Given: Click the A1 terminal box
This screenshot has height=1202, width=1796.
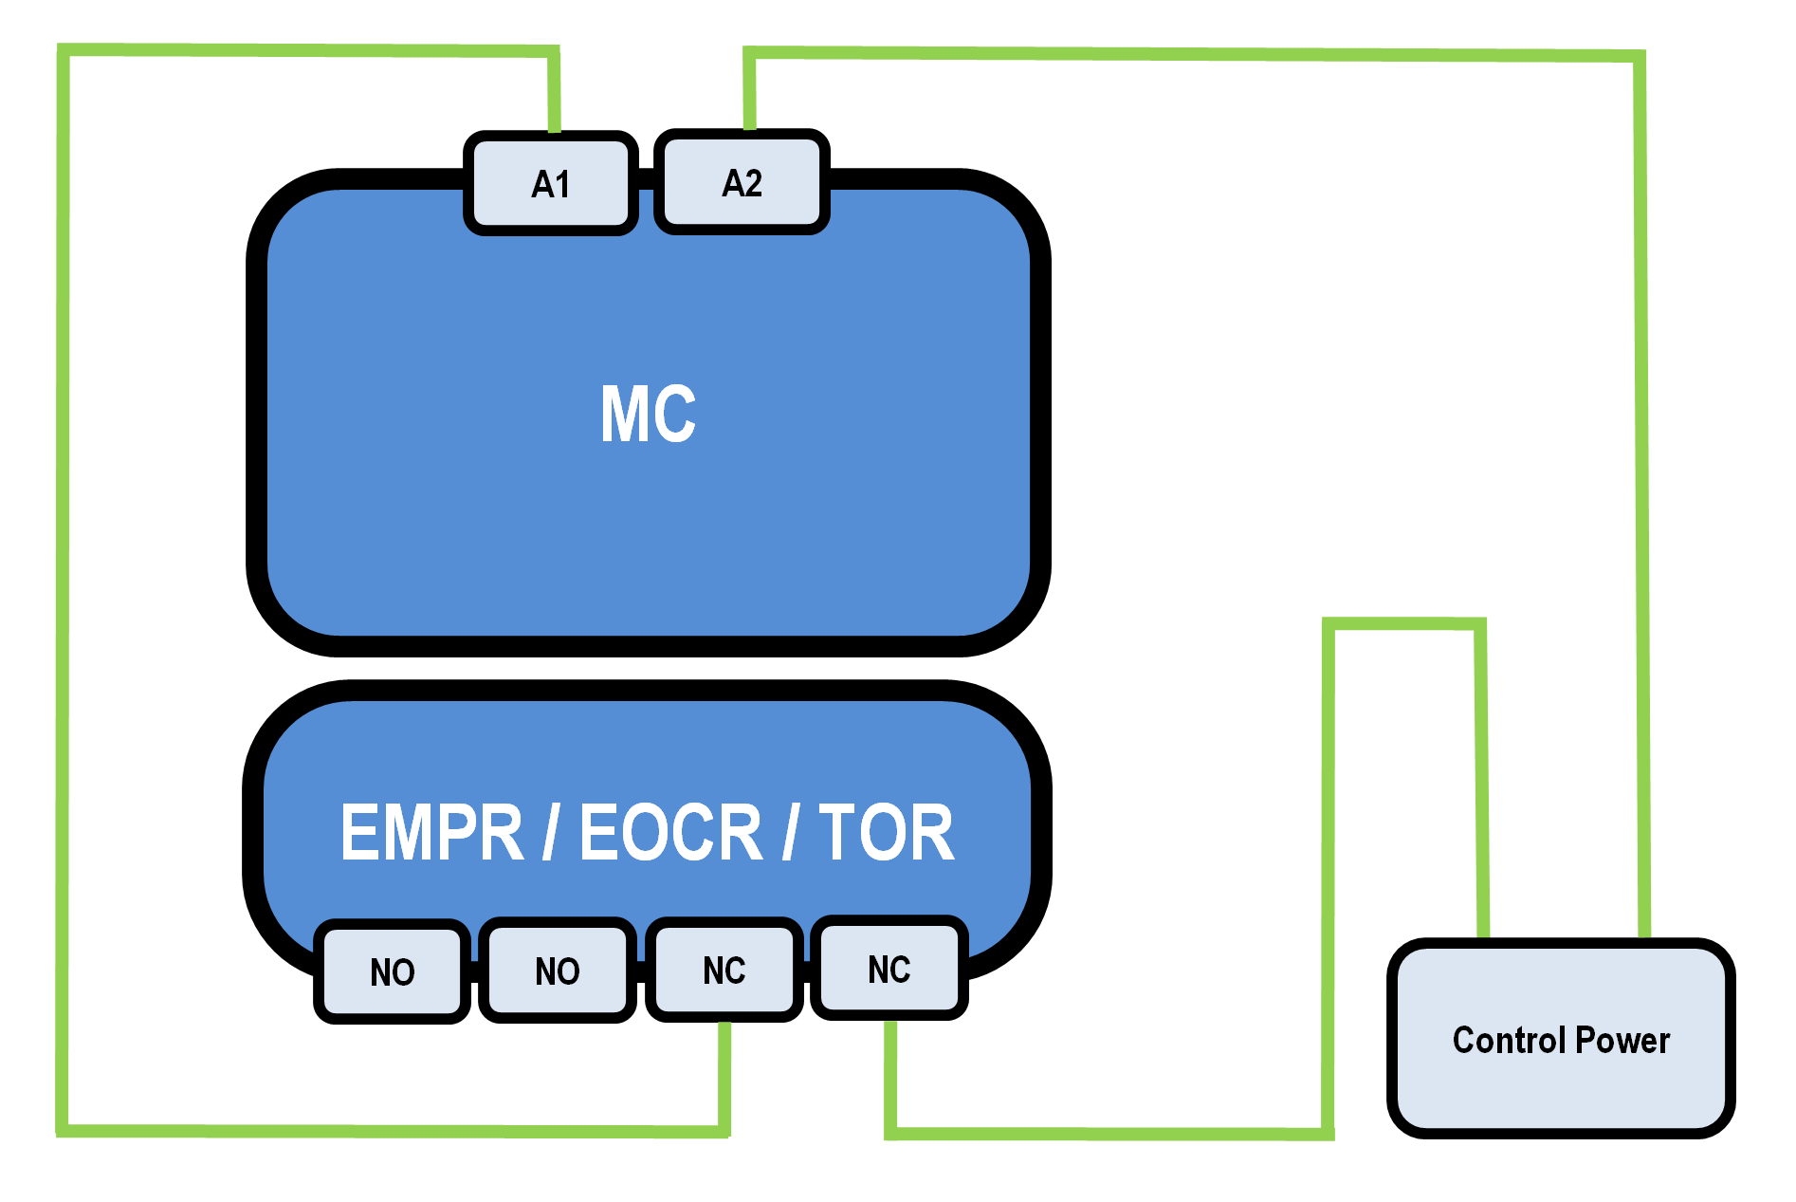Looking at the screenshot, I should coord(551,183).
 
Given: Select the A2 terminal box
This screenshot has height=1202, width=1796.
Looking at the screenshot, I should coord(742,182).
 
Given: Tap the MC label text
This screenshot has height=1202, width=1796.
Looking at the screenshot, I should coord(649,414).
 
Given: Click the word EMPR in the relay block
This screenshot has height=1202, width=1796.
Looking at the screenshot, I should coord(431,833).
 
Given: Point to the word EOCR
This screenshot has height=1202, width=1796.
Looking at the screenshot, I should coord(670,833).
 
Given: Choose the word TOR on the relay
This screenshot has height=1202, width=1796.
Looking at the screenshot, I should coord(887,833).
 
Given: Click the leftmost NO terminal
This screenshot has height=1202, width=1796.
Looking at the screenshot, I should coord(393,971).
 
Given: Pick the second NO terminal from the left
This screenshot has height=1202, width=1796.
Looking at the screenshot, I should coord(558,971).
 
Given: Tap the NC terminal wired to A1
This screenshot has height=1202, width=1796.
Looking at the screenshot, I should coord(724,970).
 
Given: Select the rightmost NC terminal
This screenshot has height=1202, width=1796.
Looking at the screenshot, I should coord(889,969).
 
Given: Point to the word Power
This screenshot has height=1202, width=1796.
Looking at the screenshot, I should coord(1622,1041).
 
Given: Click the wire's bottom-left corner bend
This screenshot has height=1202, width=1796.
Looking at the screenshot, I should coord(63,1130).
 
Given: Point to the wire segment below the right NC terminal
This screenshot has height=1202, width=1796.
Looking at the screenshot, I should coord(890,1072).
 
